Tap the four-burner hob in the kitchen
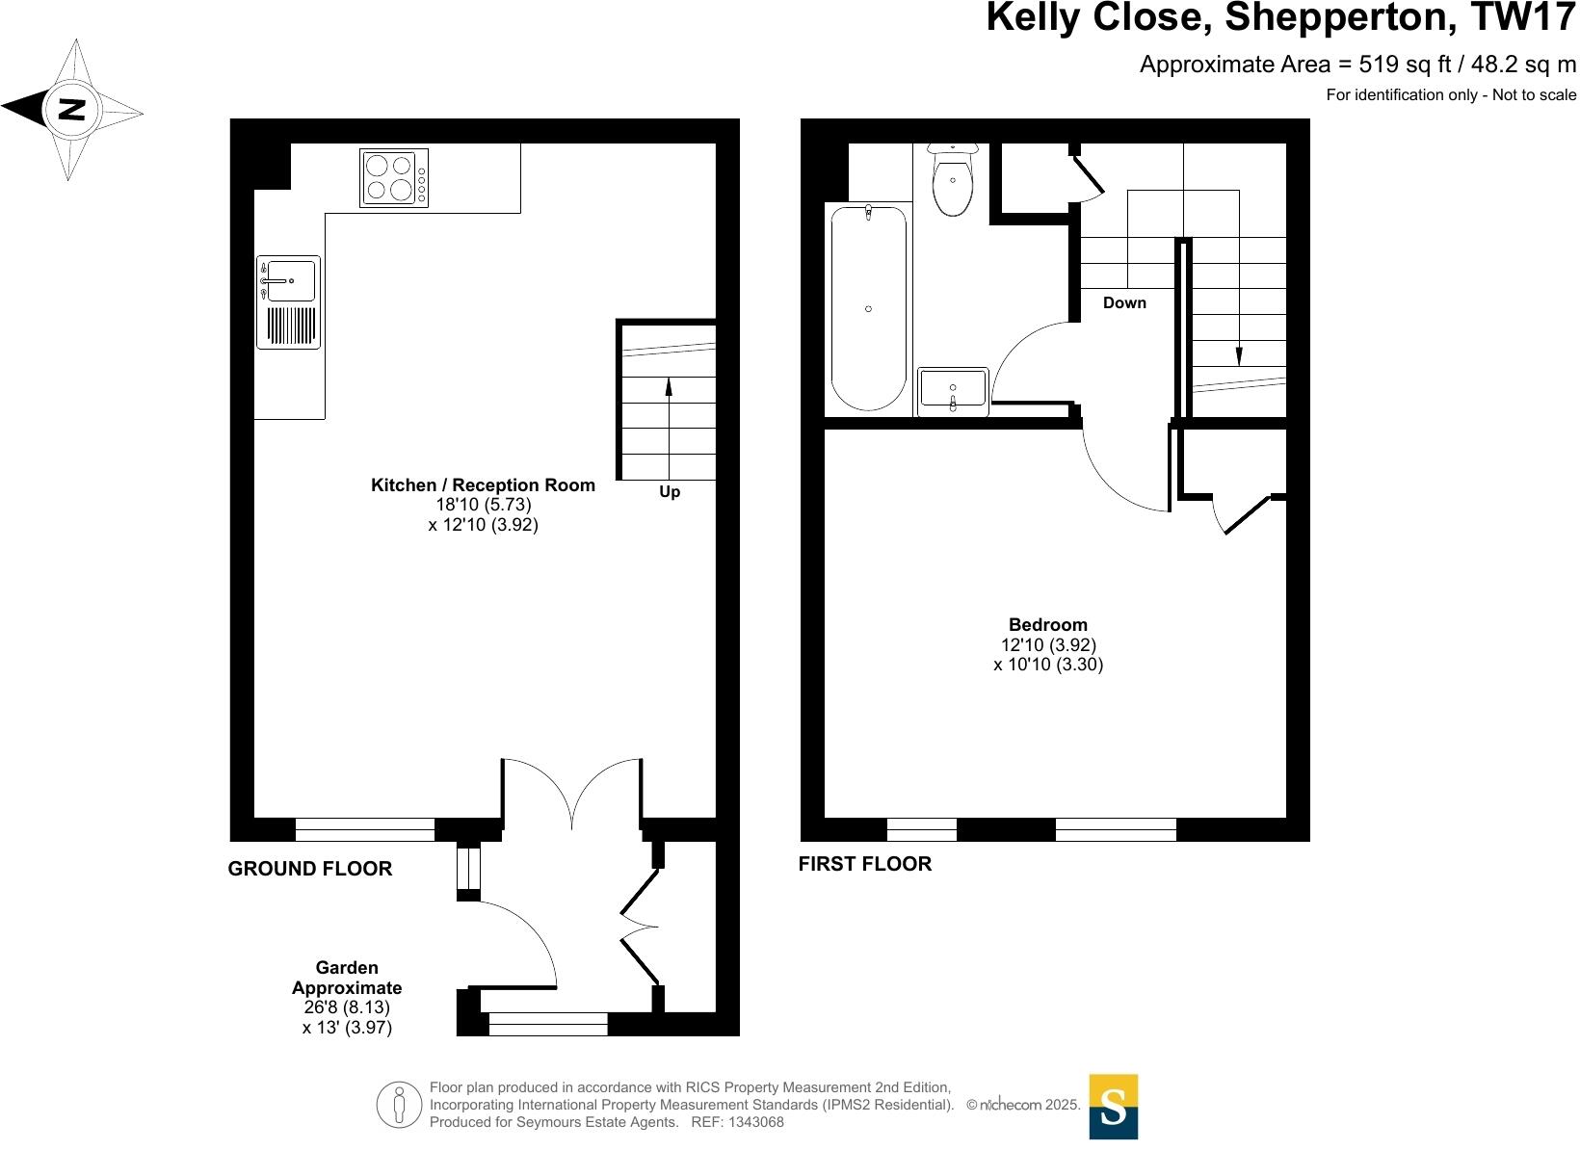[394, 177]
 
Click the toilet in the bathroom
[953, 181]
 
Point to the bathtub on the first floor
[868, 308]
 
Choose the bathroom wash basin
[953, 390]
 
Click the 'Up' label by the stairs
[670, 492]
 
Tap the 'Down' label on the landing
[1124, 303]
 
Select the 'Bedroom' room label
[1048, 624]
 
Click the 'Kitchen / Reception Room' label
[483, 485]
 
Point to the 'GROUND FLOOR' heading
[310, 869]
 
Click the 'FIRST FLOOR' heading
[865, 864]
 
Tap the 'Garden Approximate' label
[347, 978]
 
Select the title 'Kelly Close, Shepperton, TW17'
[1281, 19]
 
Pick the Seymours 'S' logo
[1113, 1107]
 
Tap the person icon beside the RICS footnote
[399, 1105]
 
